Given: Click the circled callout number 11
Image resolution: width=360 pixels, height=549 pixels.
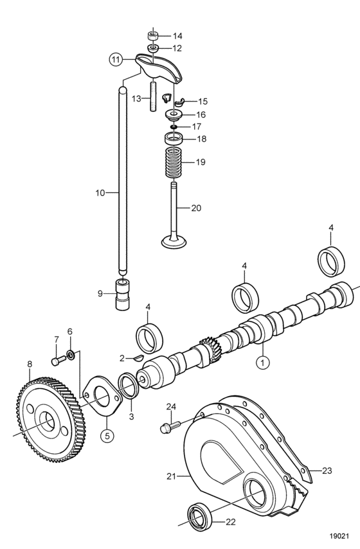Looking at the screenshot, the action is [x=116, y=59].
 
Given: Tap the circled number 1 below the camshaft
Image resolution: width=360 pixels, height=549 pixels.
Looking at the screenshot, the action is [x=263, y=362].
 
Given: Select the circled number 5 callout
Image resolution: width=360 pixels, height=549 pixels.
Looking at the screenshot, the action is [x=107, y=435].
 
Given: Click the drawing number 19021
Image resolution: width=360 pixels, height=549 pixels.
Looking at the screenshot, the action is [x=339, y=536].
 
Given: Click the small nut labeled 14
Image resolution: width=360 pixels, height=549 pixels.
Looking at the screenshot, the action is [x=152, y=36].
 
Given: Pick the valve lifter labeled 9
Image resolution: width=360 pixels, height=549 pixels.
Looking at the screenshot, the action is [x=122, y=294].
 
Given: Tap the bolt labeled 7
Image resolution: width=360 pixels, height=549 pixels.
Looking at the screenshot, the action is [x=59, y=360].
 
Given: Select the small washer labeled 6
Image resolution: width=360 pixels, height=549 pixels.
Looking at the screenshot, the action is [x=70, y=355].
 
